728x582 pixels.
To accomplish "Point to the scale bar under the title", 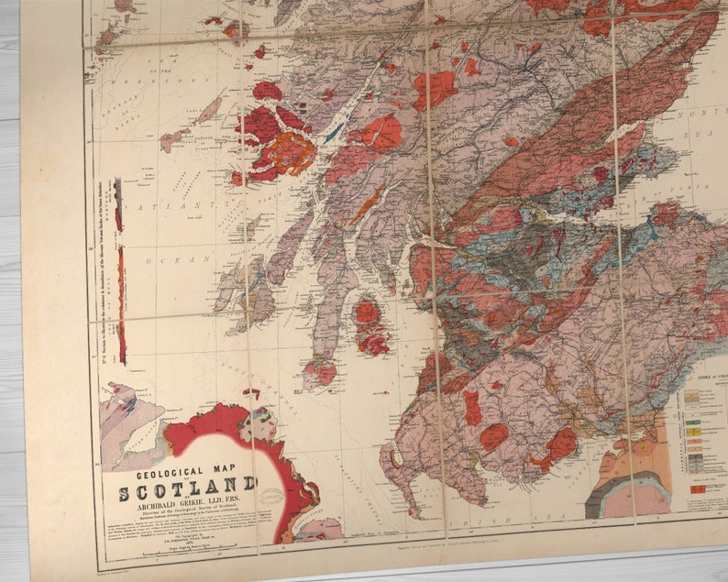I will (x=183, y=551).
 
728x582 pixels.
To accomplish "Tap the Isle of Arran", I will (x=370, y=325).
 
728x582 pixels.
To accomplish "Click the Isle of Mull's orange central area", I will (x=290, y=153).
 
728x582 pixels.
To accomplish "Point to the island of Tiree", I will (x=173, y=139).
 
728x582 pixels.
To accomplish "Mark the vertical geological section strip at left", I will (x=119, y=275).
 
